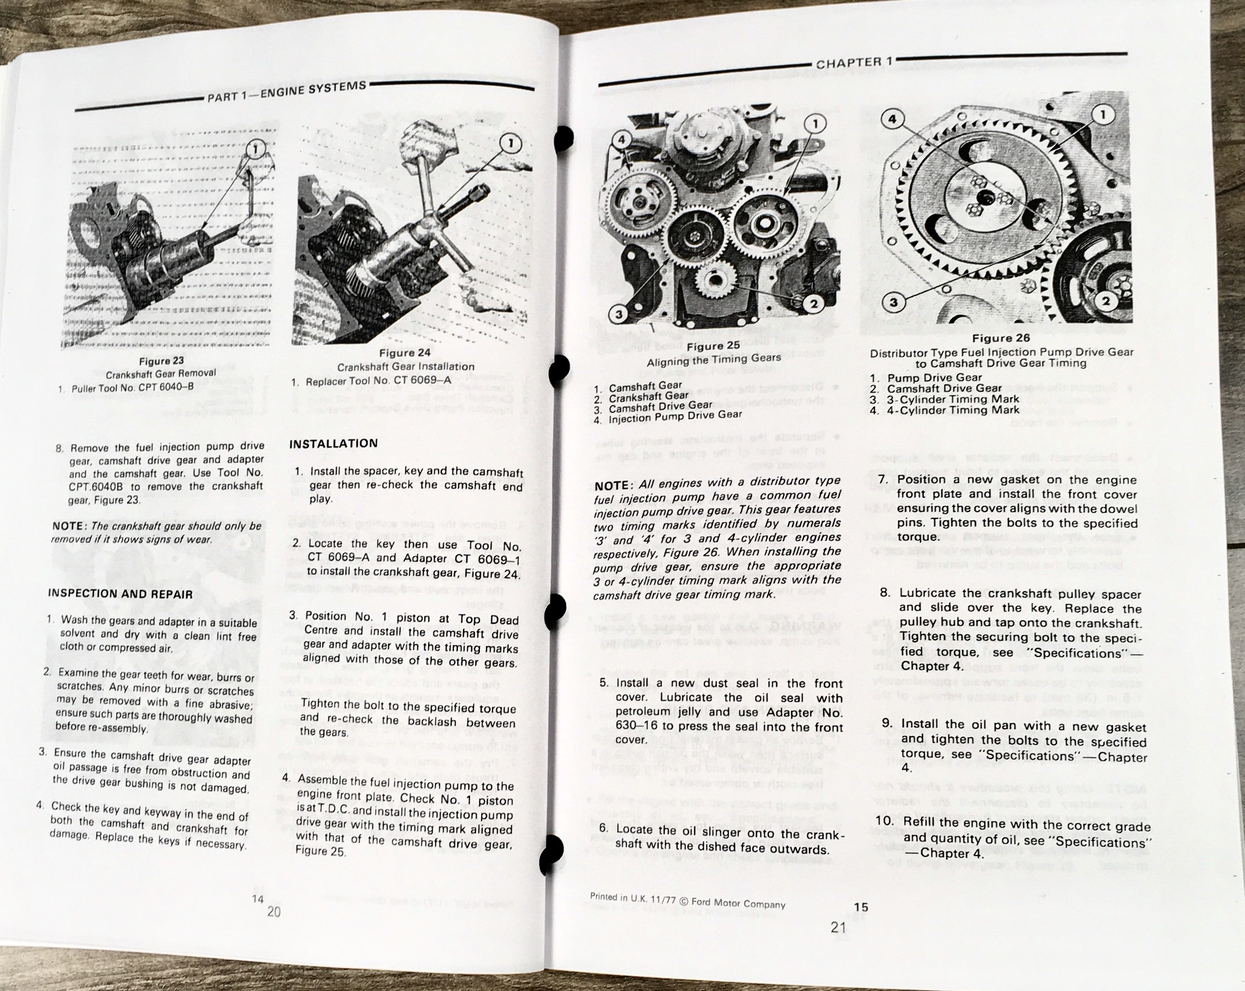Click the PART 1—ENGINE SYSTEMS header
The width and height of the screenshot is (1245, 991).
click(287, 91)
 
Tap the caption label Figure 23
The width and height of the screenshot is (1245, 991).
click(162, 361)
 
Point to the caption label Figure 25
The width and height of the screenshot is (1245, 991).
click(713, 347)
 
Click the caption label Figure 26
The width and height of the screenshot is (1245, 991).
click(1001, 338)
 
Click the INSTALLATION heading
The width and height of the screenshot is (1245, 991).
click(333, 443)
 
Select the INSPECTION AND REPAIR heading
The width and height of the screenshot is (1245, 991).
click(120, 594)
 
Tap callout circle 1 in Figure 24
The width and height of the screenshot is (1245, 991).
click(510, 143)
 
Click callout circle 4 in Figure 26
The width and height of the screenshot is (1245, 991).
click(892, 120)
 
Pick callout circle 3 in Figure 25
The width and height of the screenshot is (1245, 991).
click(619, 315)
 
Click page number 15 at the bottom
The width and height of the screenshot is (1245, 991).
click(861, 907)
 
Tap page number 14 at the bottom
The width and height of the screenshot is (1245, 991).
click(257, 899)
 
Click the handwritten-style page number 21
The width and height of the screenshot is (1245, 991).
click(838, 927)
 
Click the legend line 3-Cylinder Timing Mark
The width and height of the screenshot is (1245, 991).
click(952, 399)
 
